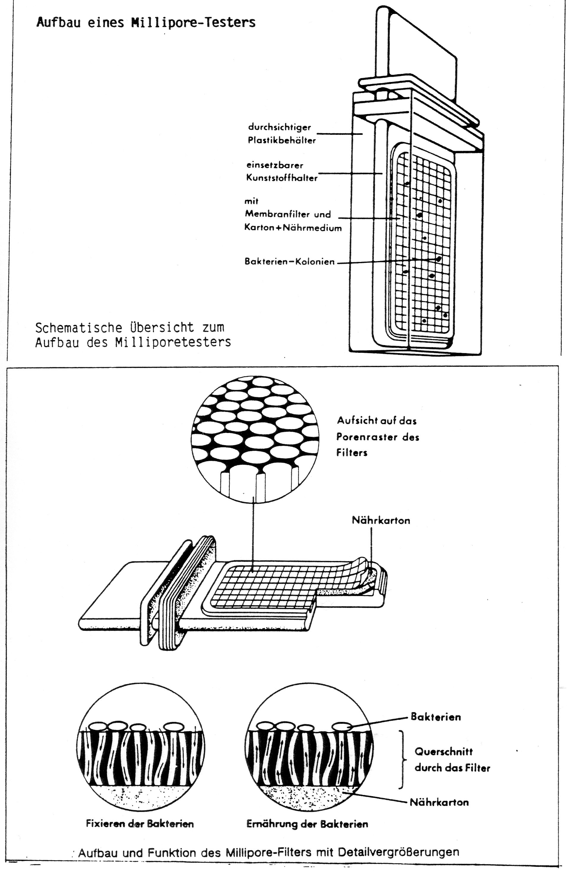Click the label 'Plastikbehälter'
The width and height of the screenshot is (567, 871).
click(282, 140)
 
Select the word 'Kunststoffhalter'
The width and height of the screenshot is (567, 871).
click(282, 178)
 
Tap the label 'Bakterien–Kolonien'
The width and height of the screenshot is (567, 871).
click(290, 262)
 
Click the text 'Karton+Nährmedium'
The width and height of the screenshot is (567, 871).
click(293, 228)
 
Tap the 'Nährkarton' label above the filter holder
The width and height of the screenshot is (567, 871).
click(381, 520)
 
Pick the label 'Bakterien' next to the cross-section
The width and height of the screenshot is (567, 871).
click(436, 717)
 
